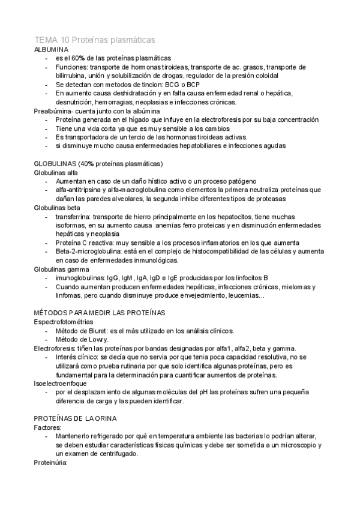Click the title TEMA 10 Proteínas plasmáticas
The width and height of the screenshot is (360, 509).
[x=95, y=39]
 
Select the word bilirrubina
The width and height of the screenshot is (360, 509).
[x=74, y=76]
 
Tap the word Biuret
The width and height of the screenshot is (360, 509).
[x=105, y=331]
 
